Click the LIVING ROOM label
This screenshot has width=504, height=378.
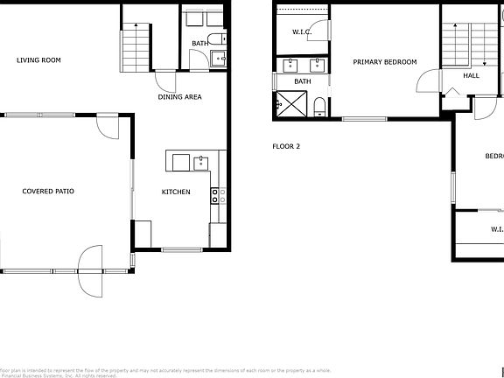(x=39, y=60)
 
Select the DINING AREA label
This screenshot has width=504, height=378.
(x=179, y=97)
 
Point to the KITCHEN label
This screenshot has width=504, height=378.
(x=176, y=192)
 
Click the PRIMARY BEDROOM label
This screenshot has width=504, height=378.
(x=384, y=62)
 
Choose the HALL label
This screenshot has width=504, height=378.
(x=472, y=76)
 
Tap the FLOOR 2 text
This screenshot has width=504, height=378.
(x=286, y=146)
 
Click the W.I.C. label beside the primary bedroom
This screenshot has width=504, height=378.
(x=303, y=32)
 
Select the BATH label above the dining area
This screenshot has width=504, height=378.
(x=200, y=43)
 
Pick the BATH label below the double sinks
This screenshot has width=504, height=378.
(x=303, y=81)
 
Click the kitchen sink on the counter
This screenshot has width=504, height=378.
(x=201, y=162)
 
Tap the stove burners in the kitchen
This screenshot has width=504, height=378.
(x=217, y=195)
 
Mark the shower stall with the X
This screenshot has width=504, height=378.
(x=290, y=104)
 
